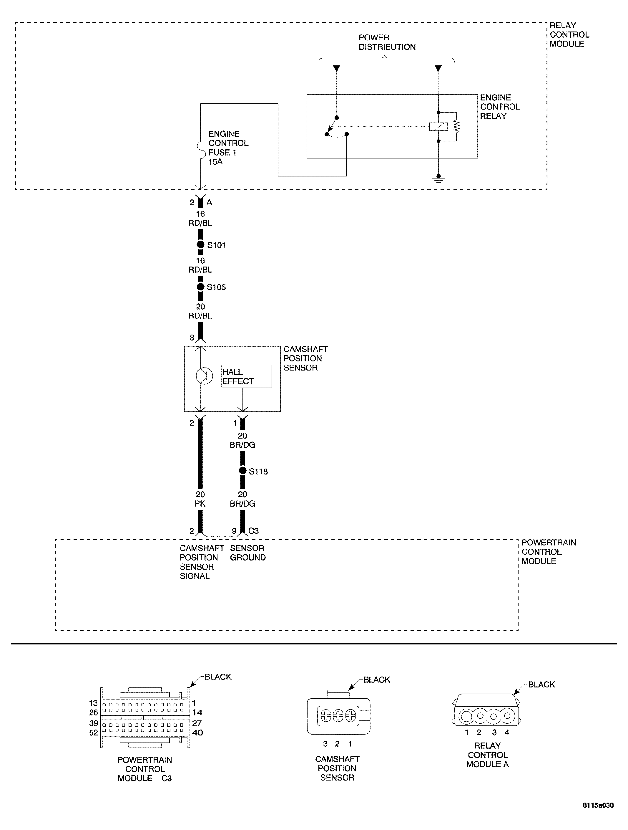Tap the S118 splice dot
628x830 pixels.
point(242,471)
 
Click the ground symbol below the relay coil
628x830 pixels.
point(438,179)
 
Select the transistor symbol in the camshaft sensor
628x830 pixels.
point(204,375)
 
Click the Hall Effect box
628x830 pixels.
point(246,376)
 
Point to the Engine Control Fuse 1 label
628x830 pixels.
point(228,148)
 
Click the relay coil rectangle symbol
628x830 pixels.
point(438,126)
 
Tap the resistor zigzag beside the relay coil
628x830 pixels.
point(456,126)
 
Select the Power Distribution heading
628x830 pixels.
point(387,42)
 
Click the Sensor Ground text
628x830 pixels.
point(247,553)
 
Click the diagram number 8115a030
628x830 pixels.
point(598,815)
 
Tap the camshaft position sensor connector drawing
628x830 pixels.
point(338,716)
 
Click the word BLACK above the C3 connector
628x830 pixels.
point(218,677)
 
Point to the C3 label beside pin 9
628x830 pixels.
point(253,530)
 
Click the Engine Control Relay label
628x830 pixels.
point(499,107)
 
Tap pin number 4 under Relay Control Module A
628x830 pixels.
point(507,732)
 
